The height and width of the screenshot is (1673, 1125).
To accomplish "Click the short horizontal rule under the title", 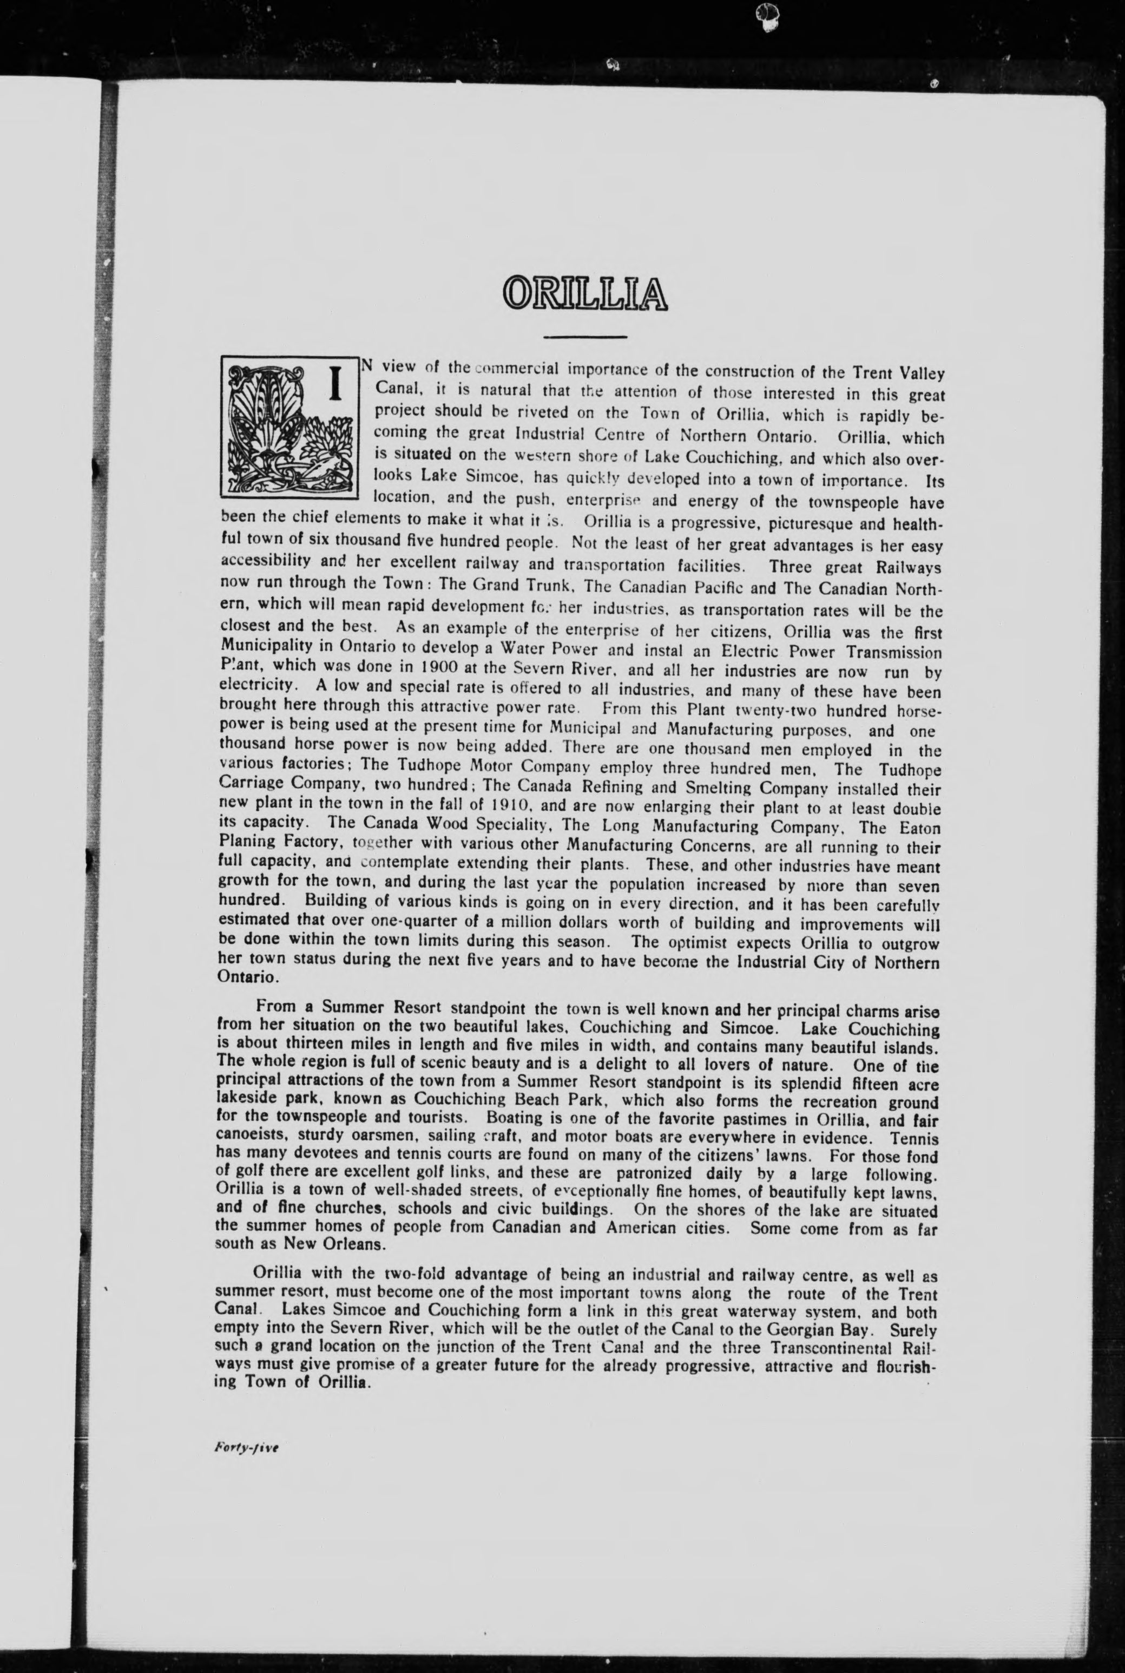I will (585, 337).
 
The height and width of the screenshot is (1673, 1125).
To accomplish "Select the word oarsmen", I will (381, 1137).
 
